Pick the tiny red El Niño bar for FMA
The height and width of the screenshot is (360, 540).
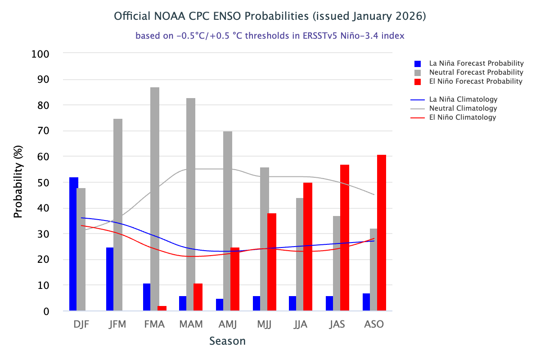tap(162, 308)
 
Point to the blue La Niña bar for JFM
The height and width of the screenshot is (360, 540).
tap(110, 279)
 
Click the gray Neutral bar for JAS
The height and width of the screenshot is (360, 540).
tap(337, 263)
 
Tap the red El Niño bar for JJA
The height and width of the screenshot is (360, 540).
tap(308, 247)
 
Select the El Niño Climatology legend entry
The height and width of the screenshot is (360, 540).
tap(463, 117)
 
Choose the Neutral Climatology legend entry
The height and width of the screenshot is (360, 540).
tap(463, 108)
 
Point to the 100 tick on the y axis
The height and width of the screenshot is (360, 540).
tap(41, 54)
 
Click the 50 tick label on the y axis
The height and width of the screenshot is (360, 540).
tap(44, 183)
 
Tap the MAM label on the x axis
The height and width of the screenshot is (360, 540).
tap(191, 324)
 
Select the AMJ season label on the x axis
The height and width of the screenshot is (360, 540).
tap(228, 324)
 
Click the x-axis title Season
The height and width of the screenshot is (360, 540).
tap(227, 341)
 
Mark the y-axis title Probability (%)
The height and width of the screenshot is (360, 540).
tap(18, 183)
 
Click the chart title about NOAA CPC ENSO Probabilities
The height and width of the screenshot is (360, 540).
tap(270, 16)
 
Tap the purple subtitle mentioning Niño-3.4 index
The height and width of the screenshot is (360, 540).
tap(270, 36)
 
